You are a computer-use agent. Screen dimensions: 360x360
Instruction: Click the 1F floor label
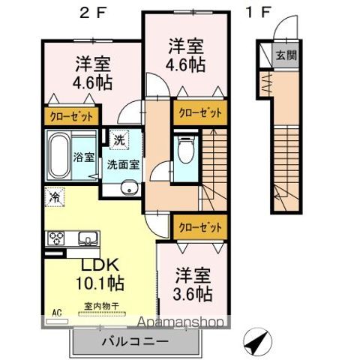(256, 13)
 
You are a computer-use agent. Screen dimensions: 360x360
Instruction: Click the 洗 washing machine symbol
(119, 139)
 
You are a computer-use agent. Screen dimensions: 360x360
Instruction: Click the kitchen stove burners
(56, 239)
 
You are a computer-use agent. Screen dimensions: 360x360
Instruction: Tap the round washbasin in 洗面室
(130, 187)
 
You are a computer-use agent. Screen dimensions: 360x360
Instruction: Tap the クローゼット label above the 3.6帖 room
(199, 225)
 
